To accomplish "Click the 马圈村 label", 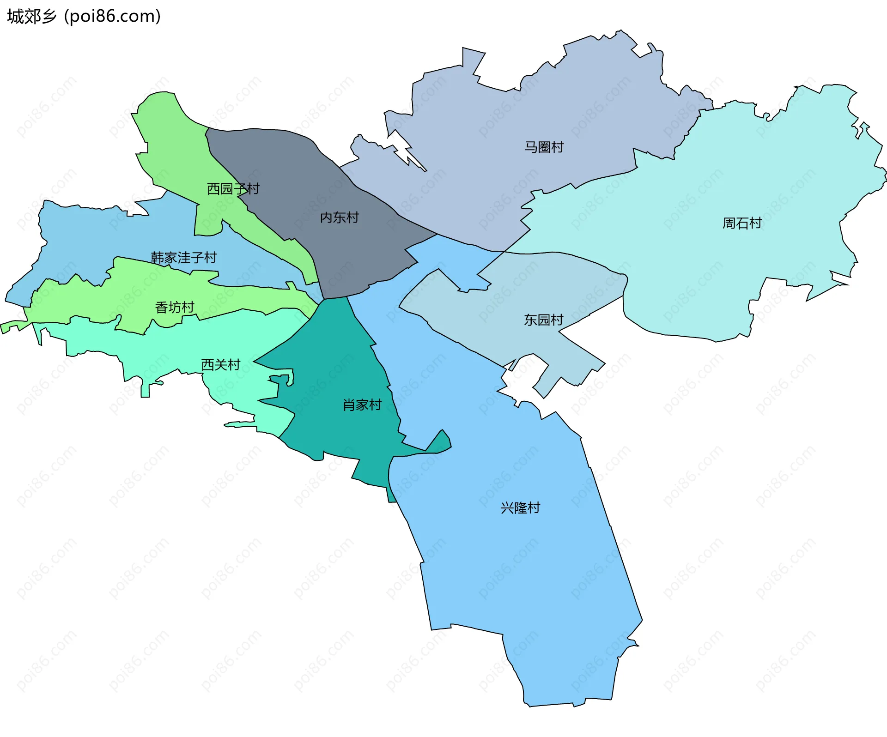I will coord(544,147).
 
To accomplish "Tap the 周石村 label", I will coord(742,224).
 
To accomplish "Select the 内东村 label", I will coord(340,217).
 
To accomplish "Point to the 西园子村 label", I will coord(233,188).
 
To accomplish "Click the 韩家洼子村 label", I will coord(184,258).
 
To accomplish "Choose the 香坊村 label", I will coord(175,308).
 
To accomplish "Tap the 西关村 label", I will coord(221,365).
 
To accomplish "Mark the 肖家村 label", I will coord(362,405).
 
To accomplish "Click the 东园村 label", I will coord(543,320).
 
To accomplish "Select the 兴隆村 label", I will coord(520,508).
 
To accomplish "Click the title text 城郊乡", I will coord(31,17).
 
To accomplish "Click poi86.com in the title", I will coord(112,17).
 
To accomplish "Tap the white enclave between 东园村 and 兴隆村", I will coord(522,379).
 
